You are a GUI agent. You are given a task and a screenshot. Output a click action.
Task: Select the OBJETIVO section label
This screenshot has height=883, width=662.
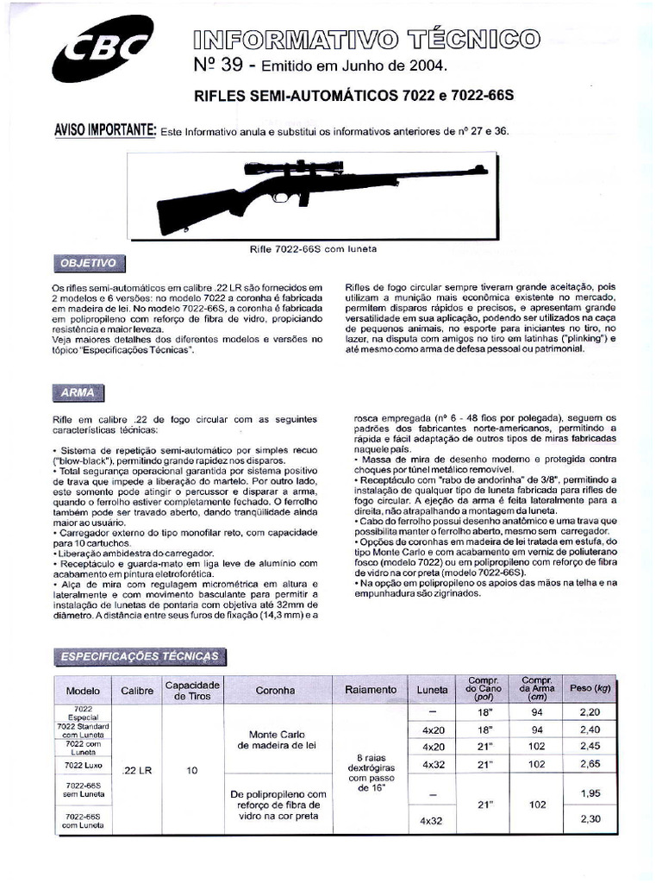(88, 262)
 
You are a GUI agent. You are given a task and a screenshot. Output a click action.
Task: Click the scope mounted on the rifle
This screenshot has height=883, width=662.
(293, 166)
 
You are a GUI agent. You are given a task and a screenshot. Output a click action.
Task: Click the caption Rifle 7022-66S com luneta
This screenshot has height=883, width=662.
(313, 248)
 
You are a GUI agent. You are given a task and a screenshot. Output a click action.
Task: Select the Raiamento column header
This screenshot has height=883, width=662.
(371, 690)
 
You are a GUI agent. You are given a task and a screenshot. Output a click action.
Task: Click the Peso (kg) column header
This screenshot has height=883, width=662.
(590, 689)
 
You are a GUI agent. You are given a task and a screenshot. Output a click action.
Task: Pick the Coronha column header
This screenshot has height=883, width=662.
(276, 690)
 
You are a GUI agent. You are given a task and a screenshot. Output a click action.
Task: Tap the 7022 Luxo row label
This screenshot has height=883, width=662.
(84, 764)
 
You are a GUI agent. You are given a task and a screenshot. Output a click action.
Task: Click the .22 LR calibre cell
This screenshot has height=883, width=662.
(137, 771)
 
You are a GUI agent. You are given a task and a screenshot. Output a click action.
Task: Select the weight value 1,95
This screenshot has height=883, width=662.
(590, 793)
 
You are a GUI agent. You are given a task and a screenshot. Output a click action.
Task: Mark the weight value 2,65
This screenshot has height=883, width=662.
(590, 764)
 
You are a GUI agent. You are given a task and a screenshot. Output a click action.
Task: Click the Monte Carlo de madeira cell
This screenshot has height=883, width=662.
(276, 740)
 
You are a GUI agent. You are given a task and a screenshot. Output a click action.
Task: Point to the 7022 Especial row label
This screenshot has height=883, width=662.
(84, 712)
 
